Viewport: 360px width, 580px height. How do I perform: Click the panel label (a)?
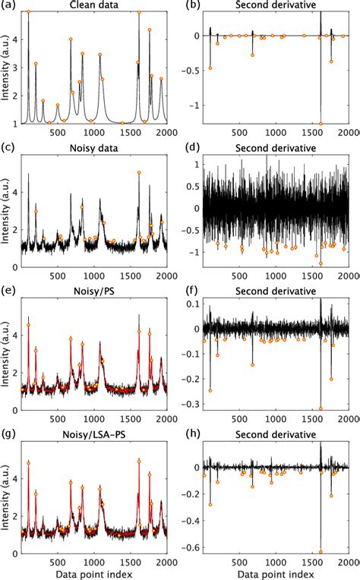(x=10, y=6)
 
